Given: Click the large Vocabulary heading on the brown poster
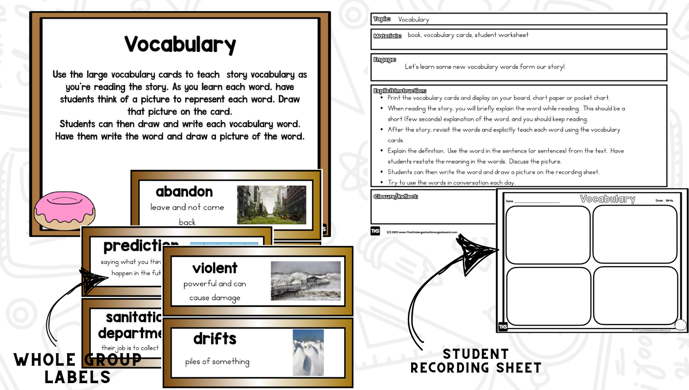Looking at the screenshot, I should coord(180,45).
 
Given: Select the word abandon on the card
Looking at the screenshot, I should coord(184,191).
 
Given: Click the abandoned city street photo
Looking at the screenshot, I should coord(271,205).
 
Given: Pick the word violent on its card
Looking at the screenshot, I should coord(215,268).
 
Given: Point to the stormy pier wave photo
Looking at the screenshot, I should coord(306,281).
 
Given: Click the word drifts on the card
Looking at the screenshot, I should coord(215,339).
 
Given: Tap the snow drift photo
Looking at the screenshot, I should coord(308,352).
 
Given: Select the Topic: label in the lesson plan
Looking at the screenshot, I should coord(382,19).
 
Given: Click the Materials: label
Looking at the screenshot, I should coord(387,36).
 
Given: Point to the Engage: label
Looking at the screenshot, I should coord(384,60).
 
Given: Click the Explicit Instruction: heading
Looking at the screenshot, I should coord(400,91).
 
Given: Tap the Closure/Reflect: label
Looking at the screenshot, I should coord(395,196).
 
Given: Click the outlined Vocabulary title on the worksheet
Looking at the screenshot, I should coord(607,199).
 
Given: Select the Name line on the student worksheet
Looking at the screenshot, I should coord(533,201).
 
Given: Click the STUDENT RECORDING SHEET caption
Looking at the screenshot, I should coord(476,361).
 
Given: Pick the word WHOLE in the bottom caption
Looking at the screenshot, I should coord(45,360).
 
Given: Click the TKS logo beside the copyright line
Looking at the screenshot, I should coord(375,231).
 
